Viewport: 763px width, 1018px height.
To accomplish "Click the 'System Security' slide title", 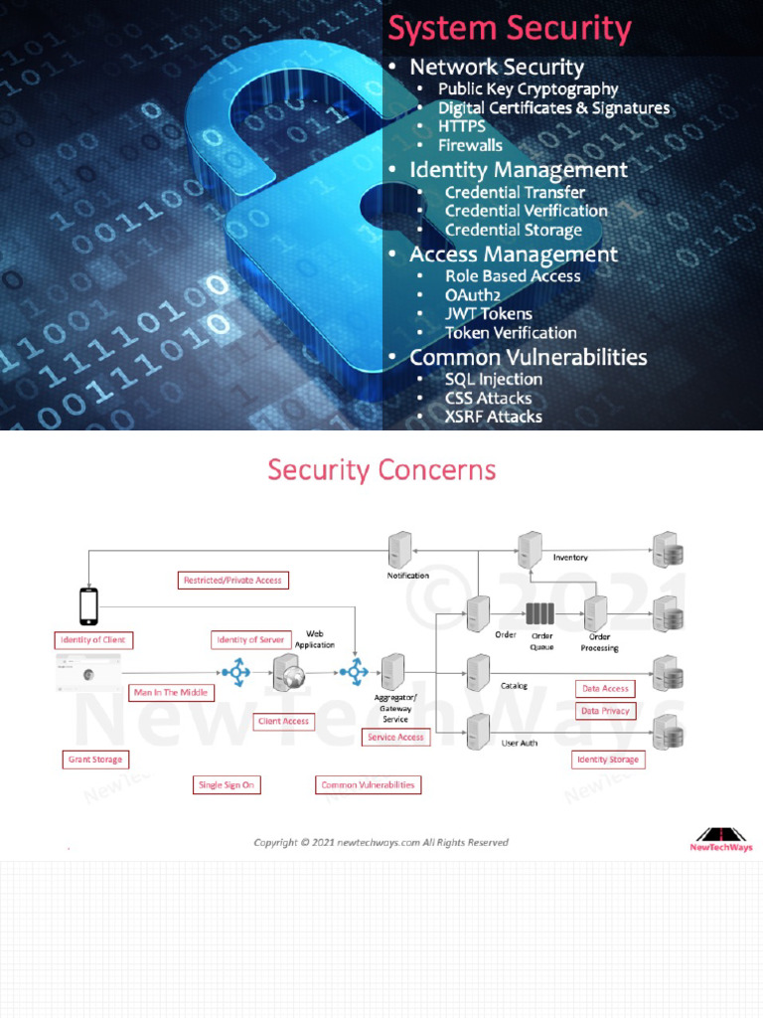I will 509,28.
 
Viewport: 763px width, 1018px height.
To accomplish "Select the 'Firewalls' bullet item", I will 470,145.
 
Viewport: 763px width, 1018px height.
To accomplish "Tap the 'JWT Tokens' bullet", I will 488,314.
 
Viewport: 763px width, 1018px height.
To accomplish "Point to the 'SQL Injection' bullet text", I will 493,379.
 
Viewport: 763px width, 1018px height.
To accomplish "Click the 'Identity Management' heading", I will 518,170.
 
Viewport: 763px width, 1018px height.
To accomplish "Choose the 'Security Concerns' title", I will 381,469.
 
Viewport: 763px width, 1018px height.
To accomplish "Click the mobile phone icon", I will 88,605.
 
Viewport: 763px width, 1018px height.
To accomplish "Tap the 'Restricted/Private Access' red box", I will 232,580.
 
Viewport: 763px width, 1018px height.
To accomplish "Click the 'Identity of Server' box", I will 249,639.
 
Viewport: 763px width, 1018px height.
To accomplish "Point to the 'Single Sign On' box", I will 227,784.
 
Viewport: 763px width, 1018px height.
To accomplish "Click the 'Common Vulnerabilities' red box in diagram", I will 368,784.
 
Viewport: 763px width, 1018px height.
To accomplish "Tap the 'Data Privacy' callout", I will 605,711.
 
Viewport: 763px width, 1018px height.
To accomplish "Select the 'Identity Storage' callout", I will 608,760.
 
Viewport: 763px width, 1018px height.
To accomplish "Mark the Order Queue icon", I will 541,614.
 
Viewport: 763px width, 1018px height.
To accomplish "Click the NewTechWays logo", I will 721,838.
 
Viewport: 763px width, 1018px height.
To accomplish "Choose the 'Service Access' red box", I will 395,737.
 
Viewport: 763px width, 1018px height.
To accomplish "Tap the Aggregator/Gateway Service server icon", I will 393,672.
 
